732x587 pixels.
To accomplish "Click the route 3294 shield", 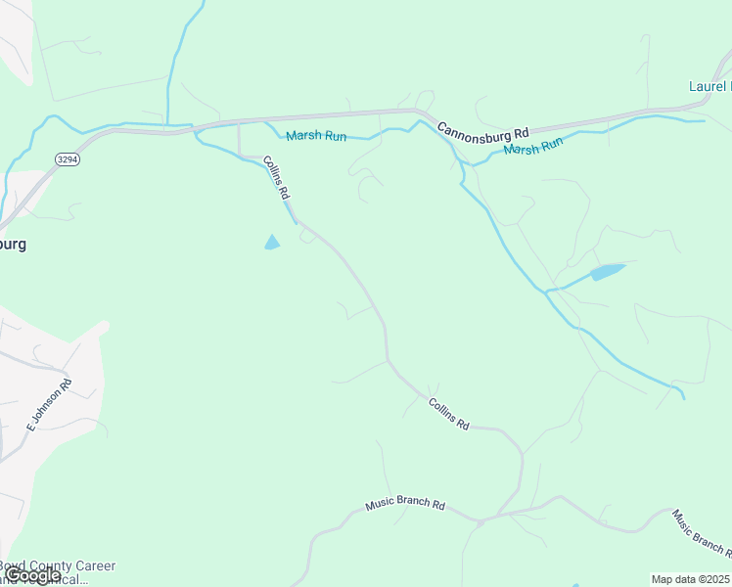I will [x=67, y=158].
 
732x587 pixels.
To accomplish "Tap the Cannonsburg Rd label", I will [x=482, y=130].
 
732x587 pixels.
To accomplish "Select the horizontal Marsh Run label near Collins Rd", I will [x=316, y=136].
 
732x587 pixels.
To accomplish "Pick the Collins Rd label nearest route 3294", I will [x=278, y=179].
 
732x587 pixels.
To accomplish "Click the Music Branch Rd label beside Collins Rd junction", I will [x=405, y=505].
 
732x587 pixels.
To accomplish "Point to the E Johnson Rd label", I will [x=49, y=406].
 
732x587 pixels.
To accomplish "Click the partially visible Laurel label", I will [x=709, y=86].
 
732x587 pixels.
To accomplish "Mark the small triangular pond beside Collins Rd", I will [x=272, y=242].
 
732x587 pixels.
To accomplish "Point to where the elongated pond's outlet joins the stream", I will [x=548, y=291].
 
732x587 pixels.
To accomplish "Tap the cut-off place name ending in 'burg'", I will [x=12, y=244].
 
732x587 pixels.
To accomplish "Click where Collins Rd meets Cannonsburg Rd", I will [x=240, y=123].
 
